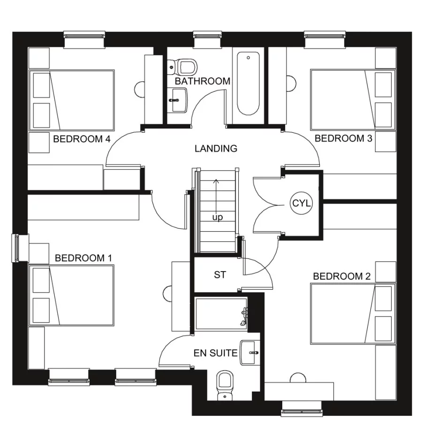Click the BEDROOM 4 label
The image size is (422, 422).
[x=82, y=139]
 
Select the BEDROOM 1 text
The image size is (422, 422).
[x=83, y=258]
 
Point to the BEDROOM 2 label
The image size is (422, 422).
[x=341, y=276]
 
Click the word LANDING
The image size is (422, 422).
[x=216, y=149]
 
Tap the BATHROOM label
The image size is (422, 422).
[x=203, y=82]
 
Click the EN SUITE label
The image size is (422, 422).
[x=215, y=353]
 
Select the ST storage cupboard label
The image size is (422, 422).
[x=220, y=275]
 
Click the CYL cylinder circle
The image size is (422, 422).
[x=301, y=204]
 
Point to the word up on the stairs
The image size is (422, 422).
[x=217, y=218]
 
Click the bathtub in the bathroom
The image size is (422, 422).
[x=248, y=84]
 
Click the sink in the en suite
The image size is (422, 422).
[x=250, y=352]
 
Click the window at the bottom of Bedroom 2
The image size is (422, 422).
[x=301, y=409]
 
